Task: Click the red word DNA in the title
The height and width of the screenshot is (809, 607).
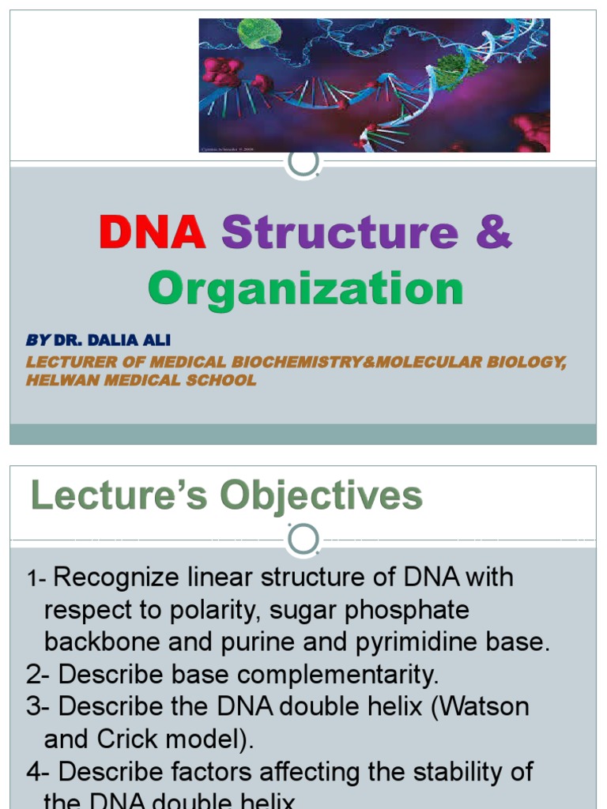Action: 152,233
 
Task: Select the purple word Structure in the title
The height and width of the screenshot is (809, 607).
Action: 340,233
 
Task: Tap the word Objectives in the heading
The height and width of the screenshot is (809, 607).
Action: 321,496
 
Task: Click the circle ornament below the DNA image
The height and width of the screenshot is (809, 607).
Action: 303,162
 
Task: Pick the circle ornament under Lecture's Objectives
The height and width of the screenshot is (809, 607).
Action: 303,541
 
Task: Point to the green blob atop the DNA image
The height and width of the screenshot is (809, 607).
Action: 260,32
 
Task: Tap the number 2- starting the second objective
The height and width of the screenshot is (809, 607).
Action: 39,675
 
